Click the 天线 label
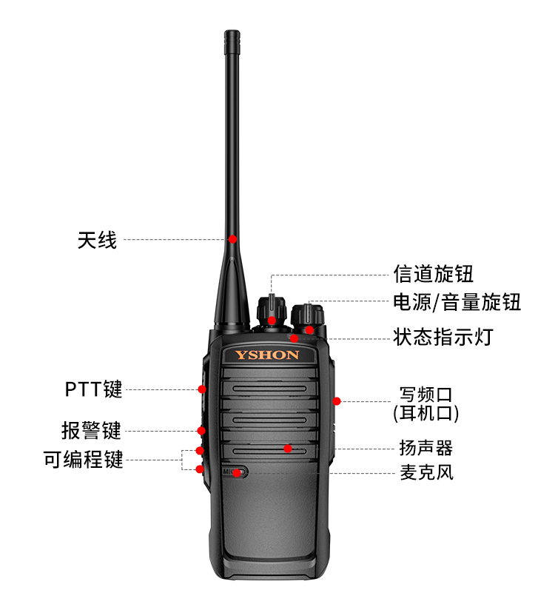pyautogui.click(x=97, y=240)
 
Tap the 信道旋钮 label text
pyautogui.click(x=433, y=274)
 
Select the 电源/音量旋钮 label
pyautogui.click(x=457, y=302)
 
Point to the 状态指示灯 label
pyautogui.click(x=443, y=337)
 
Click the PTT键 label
pyautogui.click(x=93, y=389)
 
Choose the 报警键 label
pyautogui.click(x=92, y=431)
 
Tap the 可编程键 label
pyautogui.click(x=83, y=460)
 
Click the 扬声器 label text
pyautogui.click(x=426, y=448)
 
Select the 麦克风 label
pyautogui.click(x=427, y=472)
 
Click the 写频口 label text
pyautogui.click(x=426, y=395)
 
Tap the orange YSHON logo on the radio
pyautogui.click(x=267, y=355)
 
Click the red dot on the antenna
pyautogui.click(x=232, y=239)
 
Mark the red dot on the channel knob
pyautogui.click(x=272, y=321)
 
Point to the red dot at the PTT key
pyautogui.click(x=202, y=389)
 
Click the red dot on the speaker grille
pyautogui.click(x=288, y=449)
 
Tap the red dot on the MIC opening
pyautogui.click(x=237, y=473)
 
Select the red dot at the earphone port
pyautogui.click(x=337, y=401)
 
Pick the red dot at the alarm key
pyautogui.click(x=201, y=431)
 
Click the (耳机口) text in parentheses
pyautogui.click(x=426, y=413)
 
